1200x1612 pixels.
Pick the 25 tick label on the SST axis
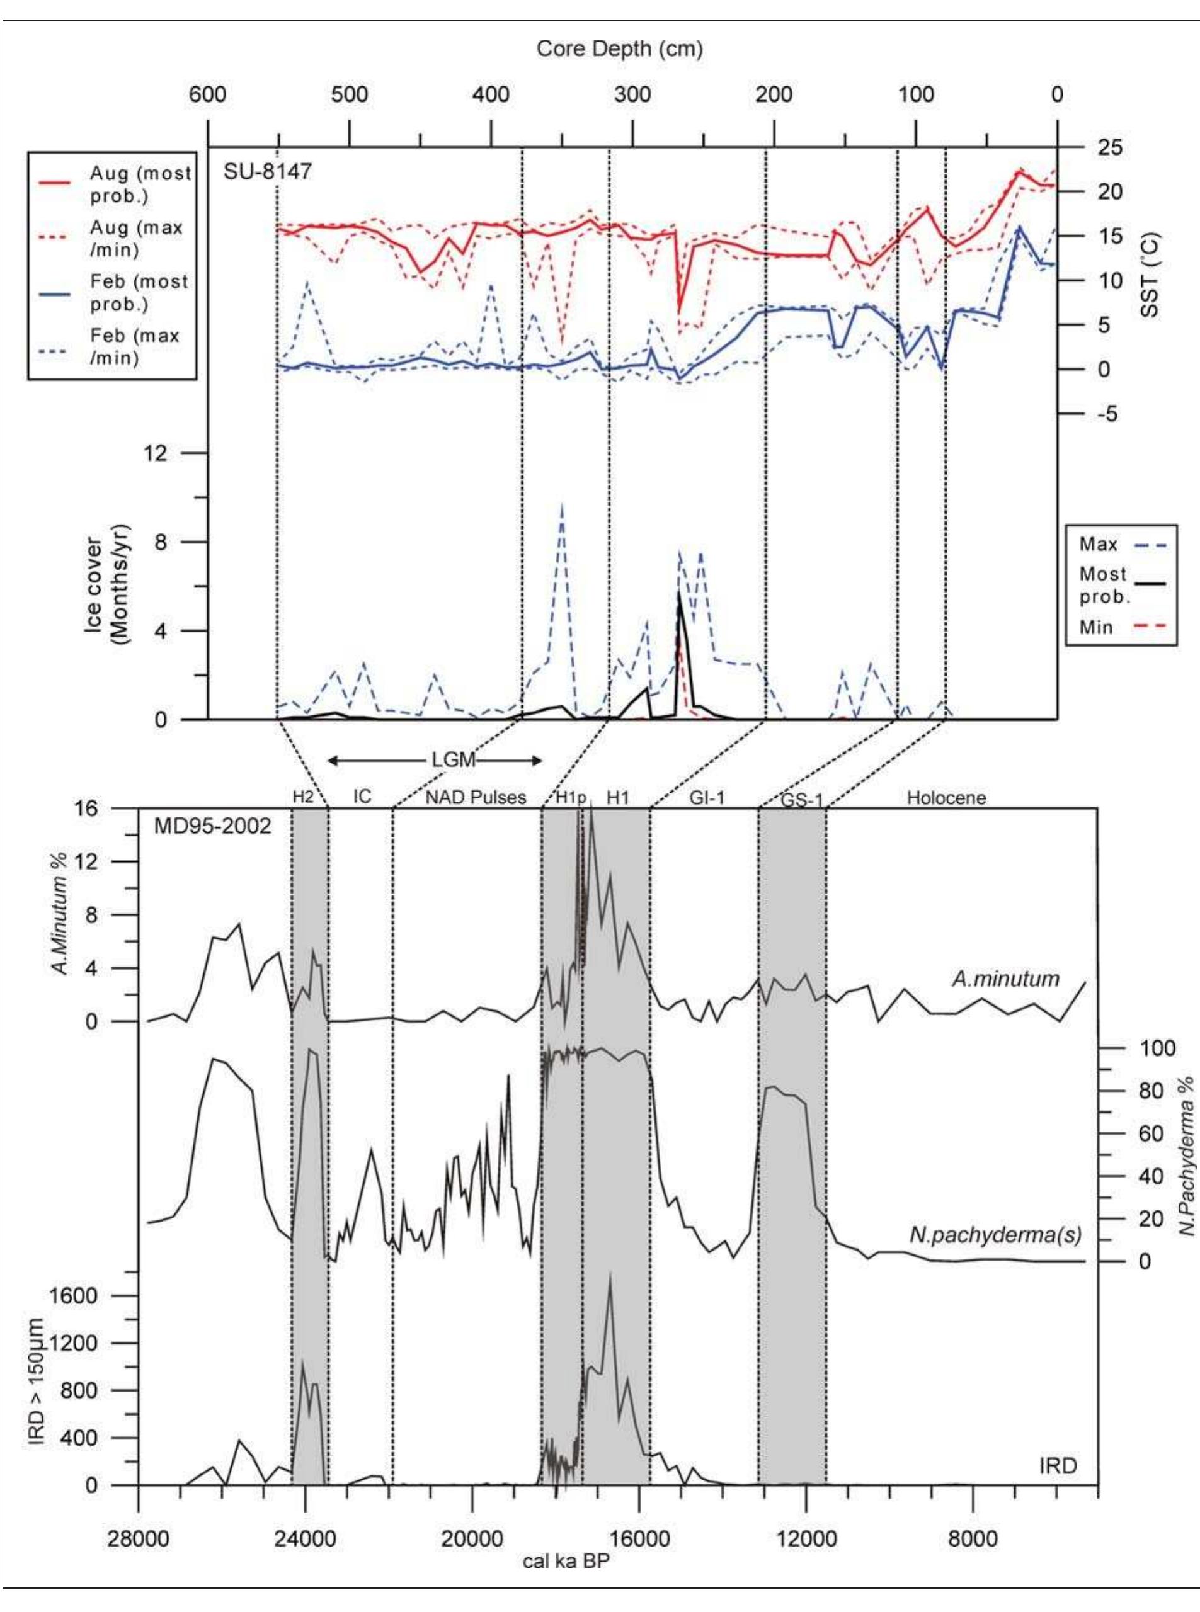pyautogui.click(x=1111, y=147)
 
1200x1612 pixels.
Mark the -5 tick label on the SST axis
pyautogui.click(x=1109, y=414)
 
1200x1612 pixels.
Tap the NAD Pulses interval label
pyautogui.click(x=476, y=797)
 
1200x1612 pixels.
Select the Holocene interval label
pyautogui.click(x=946, y=798)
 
